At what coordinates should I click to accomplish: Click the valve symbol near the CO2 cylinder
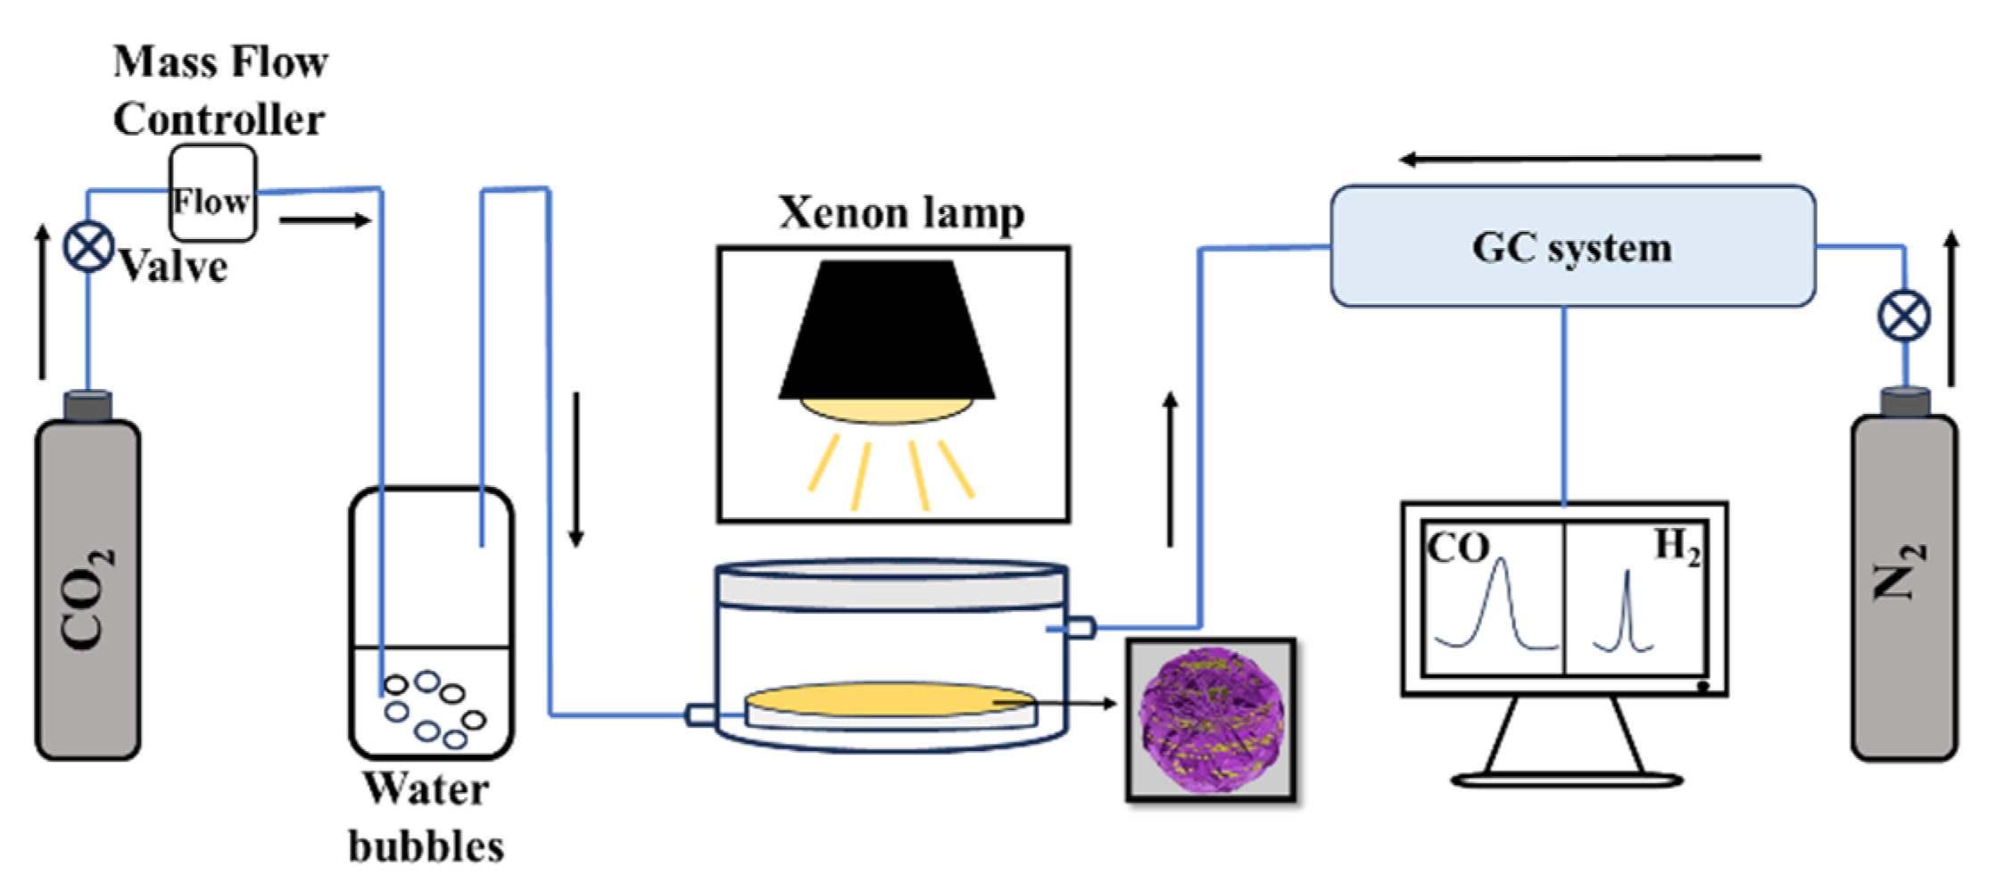click(x=88, y=247)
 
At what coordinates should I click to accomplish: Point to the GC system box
click(x=1571, y=247)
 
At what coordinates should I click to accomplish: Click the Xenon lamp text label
click(x=901, y=212)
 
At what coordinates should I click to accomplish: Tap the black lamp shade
click(x=886, y=330)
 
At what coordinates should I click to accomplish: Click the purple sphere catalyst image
click(x=1211, y=718)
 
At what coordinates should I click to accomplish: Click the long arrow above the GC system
click(x=1579, y=159)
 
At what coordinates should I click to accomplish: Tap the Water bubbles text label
click(x=427, y=817)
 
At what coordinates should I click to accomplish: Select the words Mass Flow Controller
click(x=219, y=90)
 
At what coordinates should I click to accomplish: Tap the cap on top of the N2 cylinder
click(x=1904, y=401)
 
